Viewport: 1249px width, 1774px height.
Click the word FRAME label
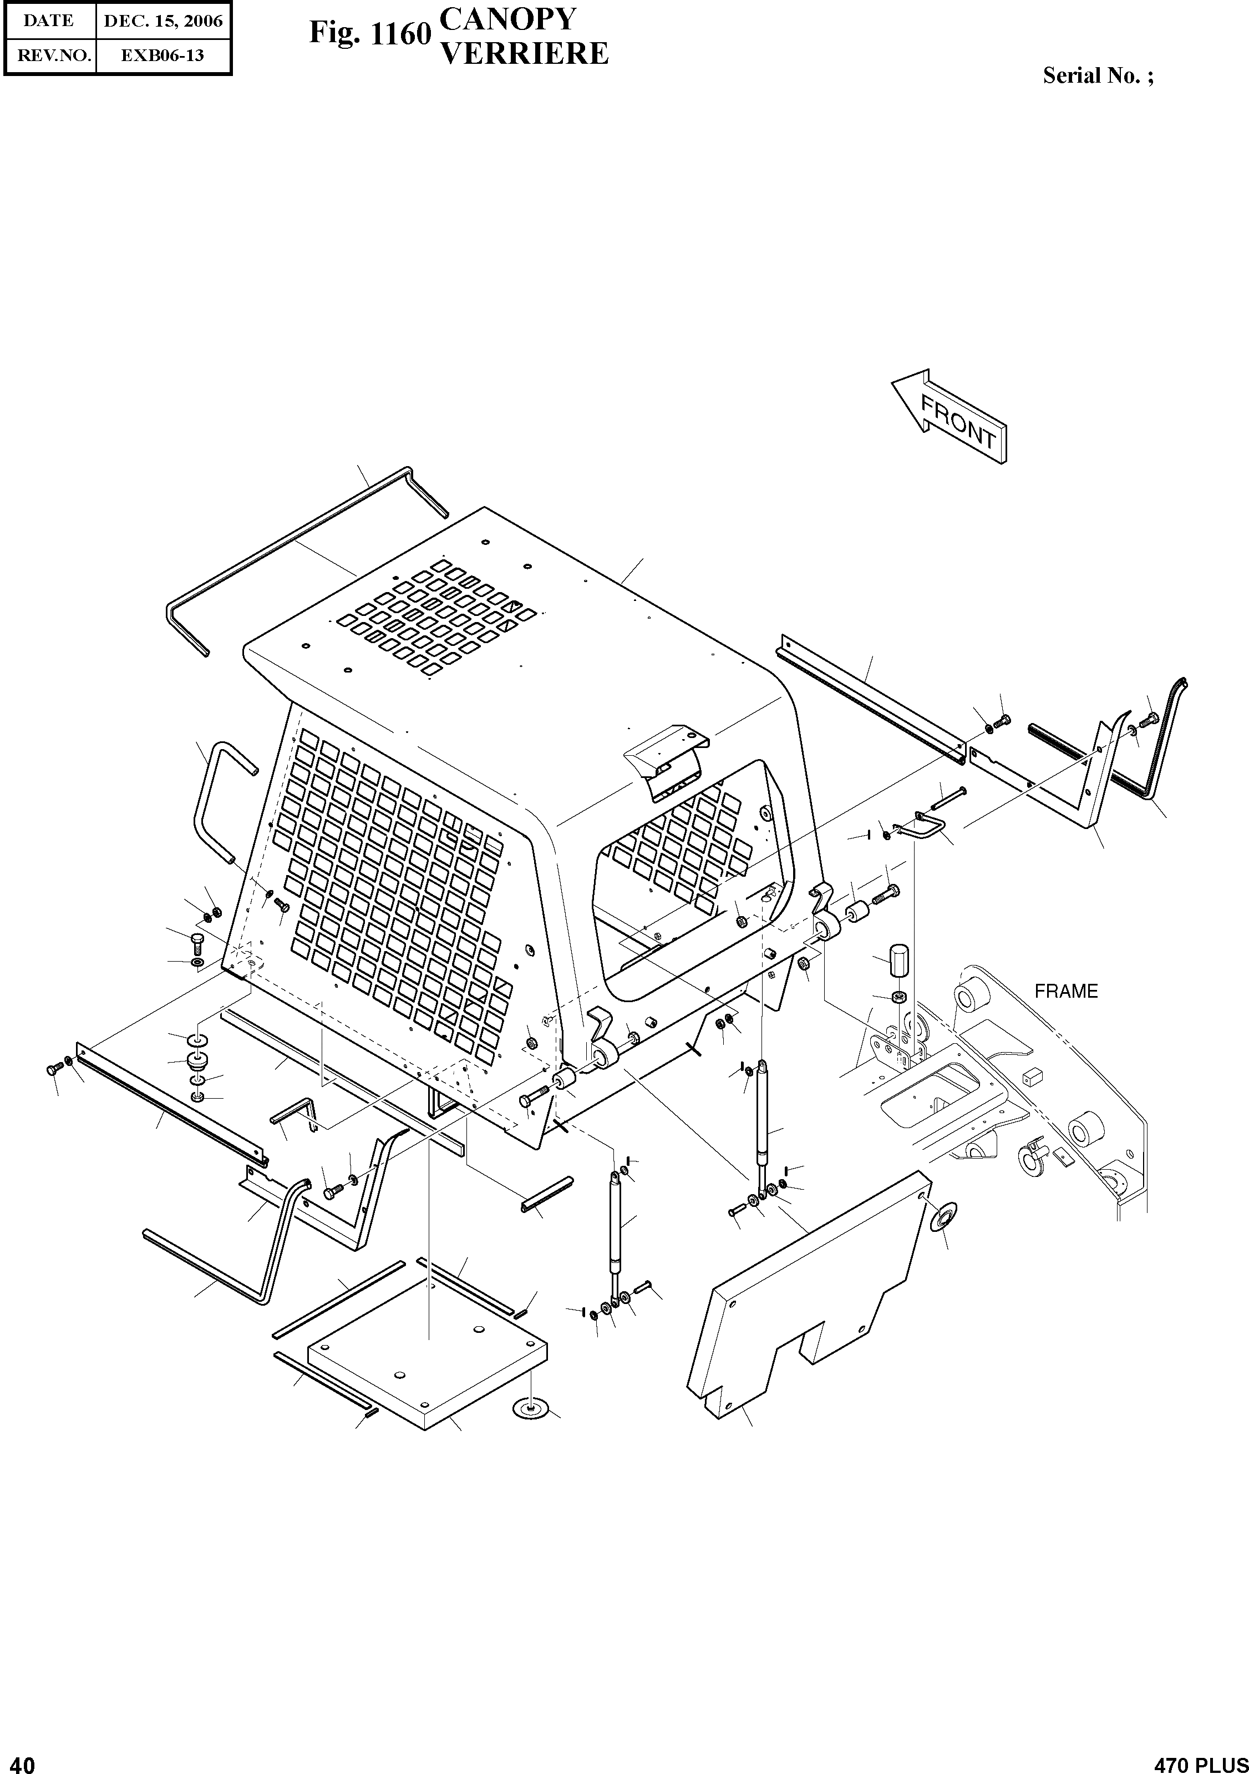[x=1066, y=991]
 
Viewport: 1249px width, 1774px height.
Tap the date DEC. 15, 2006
[x=163, y=21]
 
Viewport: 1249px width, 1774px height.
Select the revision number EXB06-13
[x=163, y=55]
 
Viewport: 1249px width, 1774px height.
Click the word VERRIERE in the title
[x=524, y=53]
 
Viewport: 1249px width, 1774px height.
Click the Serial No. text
[x=1098, y=75]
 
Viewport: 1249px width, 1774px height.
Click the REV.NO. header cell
[x=49, y=55]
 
